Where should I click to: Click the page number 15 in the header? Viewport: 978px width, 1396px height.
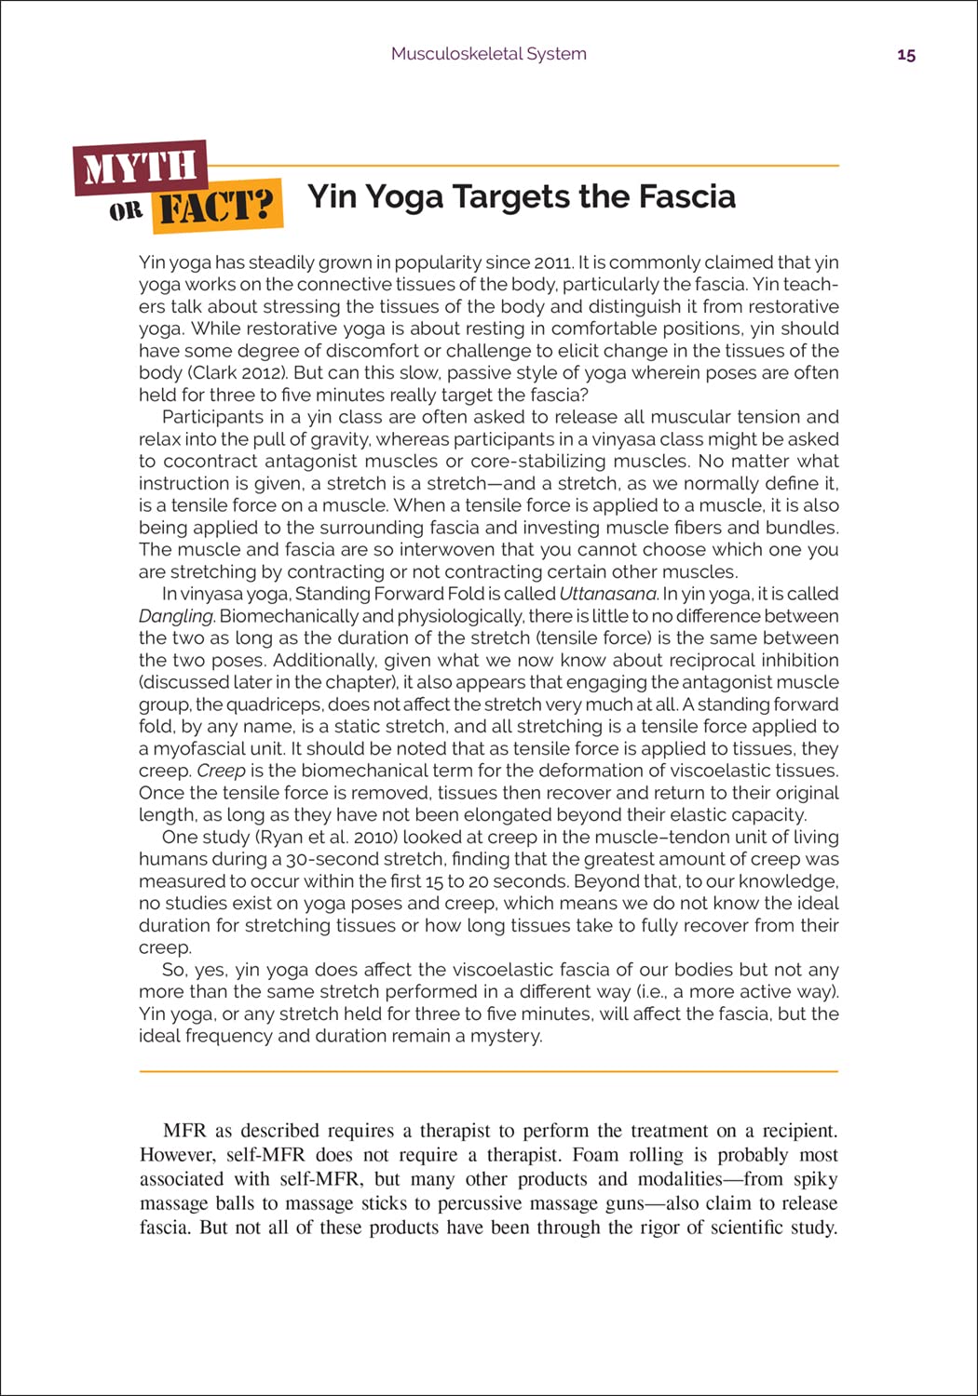click(906, 55)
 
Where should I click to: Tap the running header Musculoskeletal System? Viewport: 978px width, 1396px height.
click(489, 54)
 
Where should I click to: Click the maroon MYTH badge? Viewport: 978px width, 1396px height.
click(141, 168)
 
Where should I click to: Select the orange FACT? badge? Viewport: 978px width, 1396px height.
click(219, 207)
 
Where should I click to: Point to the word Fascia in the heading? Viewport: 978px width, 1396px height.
click(686, 196)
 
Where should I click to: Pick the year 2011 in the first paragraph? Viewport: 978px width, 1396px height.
click(555, 262)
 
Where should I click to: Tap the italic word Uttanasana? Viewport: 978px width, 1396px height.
click(608, 594)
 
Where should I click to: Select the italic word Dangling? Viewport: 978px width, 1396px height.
click(177, 616)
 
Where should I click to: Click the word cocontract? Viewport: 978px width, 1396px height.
click(211, 462)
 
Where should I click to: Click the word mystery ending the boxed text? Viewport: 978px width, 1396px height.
click(507, 1036)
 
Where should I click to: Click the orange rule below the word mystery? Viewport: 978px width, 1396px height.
click(489, 1071)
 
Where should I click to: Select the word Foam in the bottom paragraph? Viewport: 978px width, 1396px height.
click(595, 1155)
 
